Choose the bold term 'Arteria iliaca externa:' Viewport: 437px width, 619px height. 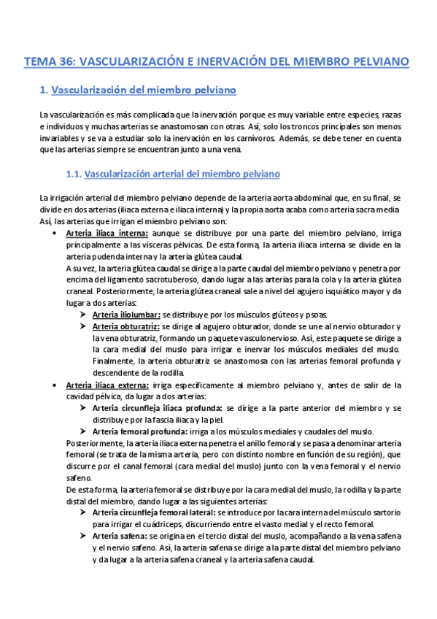click(107, 384)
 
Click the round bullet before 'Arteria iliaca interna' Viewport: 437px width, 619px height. click(56, 233)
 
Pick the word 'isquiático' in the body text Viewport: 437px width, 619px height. click(329, 291)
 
